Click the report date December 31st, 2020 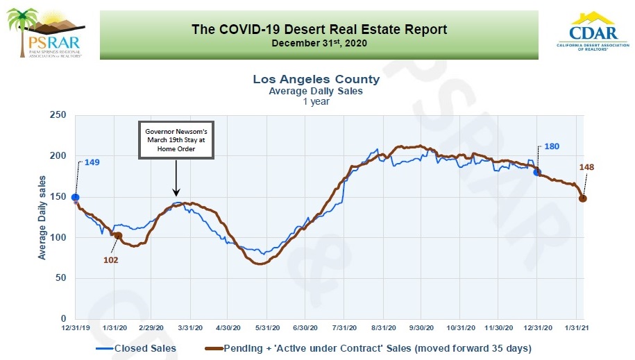[319, 43]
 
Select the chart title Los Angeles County [316, 79]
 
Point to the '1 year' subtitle [316, 101]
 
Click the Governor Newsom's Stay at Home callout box [176, 139]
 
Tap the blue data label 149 [92, 163]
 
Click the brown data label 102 [110, 260]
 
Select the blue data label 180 [552, 146]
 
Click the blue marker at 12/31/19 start [75, 198]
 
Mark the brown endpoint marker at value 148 [583, 198]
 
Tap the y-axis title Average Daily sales [42, 218]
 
